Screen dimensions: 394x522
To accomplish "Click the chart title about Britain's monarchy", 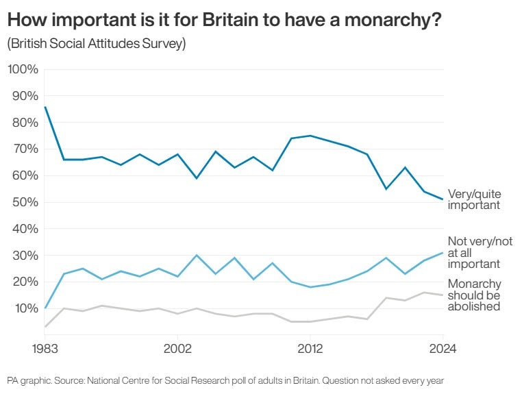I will pos(223,21).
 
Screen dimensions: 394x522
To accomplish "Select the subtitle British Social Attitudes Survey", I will pos(97,44).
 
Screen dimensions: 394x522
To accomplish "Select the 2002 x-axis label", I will pos(178,347).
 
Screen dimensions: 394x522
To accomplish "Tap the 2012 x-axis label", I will pos(310,347).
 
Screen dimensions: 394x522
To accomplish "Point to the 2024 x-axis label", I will pos(442,347).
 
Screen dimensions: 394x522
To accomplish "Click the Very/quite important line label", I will pos(473,199).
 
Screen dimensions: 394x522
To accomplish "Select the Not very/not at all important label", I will pos(480,252).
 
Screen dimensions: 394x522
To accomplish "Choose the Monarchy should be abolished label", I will pos(474,295).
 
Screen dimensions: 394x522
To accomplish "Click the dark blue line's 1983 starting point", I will pos(45,107).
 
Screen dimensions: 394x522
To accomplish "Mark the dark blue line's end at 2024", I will pos(443,199).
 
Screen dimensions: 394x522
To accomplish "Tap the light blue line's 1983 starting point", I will pos(45,308).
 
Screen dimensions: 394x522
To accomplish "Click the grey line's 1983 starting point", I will pos(45,327).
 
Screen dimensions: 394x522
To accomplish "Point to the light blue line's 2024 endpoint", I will pos(443,253).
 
